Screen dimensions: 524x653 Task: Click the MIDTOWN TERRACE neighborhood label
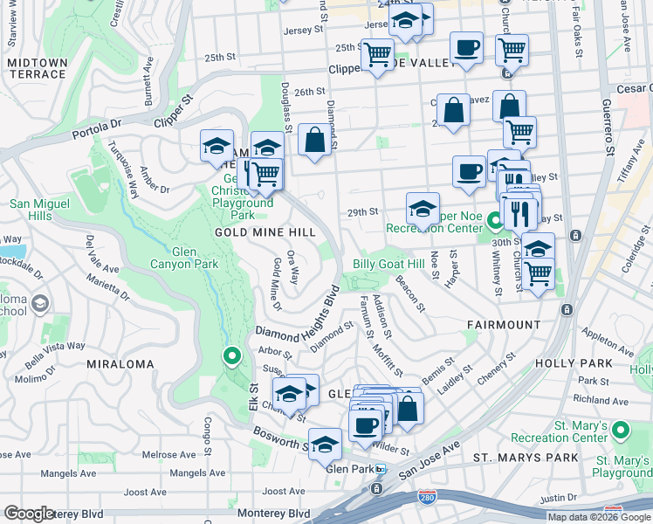point(37,68)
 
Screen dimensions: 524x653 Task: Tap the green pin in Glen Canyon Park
point(231,357)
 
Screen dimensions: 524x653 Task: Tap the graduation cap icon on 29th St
point(423,210)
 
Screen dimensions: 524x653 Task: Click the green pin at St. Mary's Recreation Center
point(620,431)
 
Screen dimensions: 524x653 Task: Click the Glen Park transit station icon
point(380,469)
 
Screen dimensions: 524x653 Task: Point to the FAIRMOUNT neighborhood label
point(504,325)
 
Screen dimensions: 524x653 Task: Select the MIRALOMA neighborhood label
point(120,363)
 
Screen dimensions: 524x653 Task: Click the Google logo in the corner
point(29,514)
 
